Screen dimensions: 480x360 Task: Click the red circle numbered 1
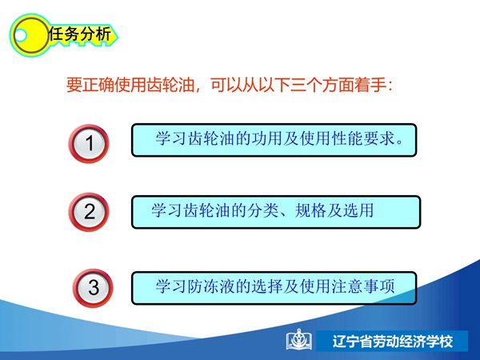pos(89,143)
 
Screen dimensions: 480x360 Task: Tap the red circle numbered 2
pos(89,212)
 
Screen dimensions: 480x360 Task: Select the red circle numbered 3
pos(93,288)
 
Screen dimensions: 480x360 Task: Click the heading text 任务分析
pos(79,34)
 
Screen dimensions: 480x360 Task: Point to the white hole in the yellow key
pos(21,35)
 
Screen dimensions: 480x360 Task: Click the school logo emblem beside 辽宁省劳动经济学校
pos(299,339)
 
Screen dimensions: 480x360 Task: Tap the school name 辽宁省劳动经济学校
pos(393,342)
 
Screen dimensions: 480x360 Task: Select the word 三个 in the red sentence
pos(306,85)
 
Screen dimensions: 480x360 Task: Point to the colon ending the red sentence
pos(390,86)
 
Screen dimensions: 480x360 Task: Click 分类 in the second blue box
pos(262,210)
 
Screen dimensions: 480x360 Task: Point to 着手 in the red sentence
pos(370,85)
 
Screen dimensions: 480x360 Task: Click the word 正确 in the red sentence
pos(98,85)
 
